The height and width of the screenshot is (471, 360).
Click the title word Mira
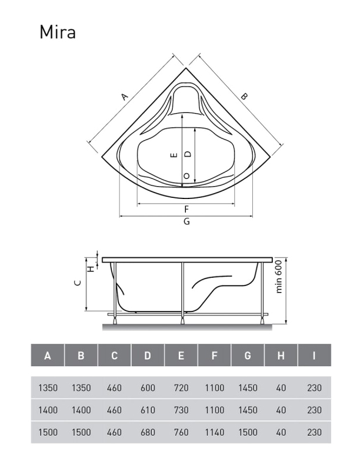tap(58, 32)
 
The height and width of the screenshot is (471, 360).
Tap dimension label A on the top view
tap(124, 97)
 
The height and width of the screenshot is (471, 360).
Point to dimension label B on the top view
tap(244, 97)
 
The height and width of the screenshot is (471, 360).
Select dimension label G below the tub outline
tap(186, 222)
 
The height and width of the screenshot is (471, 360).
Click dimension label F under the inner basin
tap(186, 209)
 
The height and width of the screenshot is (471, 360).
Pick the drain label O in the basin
tap(186, 175)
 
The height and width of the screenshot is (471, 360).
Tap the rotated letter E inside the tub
tap(174, 155)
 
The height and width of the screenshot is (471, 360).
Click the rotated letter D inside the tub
tap(188, 154)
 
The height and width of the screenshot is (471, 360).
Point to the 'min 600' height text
tap(279, 277)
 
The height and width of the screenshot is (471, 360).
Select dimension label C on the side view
tap(78, 283)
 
